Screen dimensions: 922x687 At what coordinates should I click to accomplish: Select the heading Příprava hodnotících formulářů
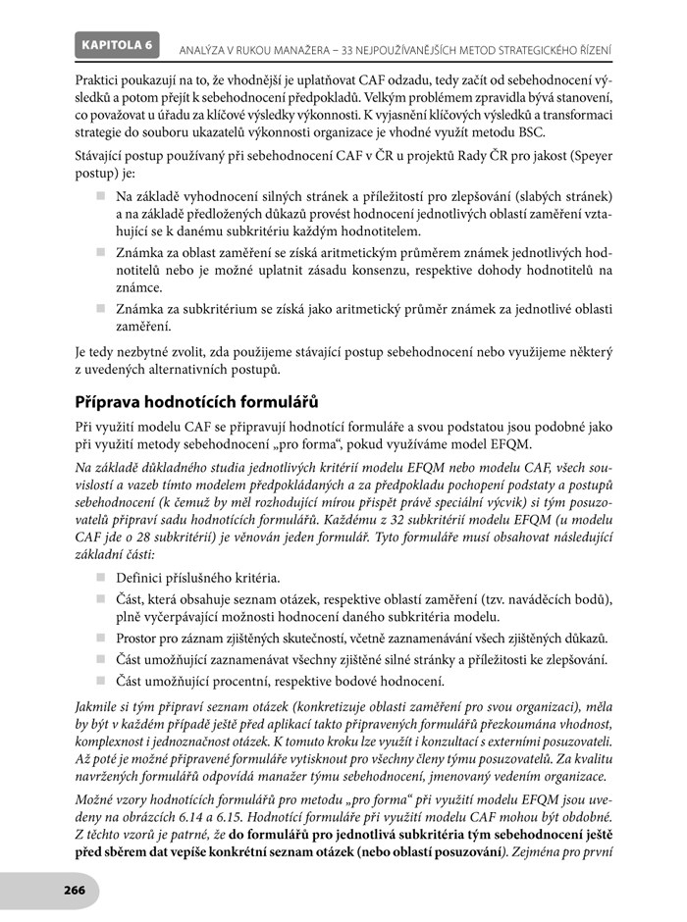click(196, 402)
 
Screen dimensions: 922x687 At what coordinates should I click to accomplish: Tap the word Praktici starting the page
click(101, 77)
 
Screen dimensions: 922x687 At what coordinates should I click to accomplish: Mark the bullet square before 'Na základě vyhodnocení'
click(100, 196)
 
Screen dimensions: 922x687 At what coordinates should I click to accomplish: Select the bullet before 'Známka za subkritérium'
click(100, 308)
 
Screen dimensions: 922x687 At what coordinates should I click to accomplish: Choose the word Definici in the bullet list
click(143, 578)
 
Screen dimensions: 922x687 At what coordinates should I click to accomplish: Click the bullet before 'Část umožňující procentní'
click(100, 680)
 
